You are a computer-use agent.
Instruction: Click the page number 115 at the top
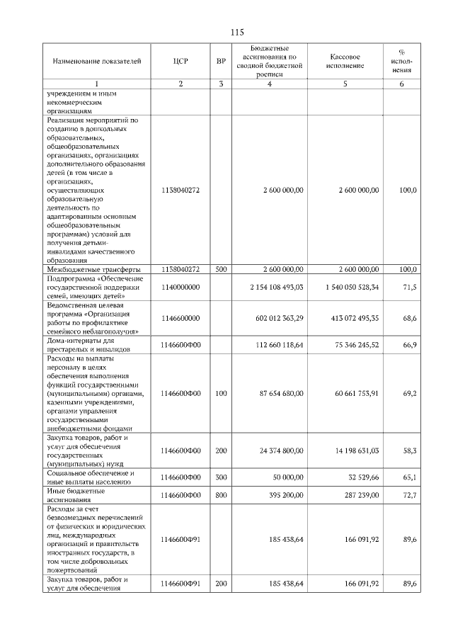[237, 33]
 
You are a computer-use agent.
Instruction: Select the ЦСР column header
[180, 62]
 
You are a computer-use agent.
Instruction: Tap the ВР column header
[221, 62]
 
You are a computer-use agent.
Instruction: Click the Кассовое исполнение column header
[345, 61]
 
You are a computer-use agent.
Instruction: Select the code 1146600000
[181, 319]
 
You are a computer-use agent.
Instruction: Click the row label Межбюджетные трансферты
[93, 269]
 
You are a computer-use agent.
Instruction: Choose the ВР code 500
[221, 269]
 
